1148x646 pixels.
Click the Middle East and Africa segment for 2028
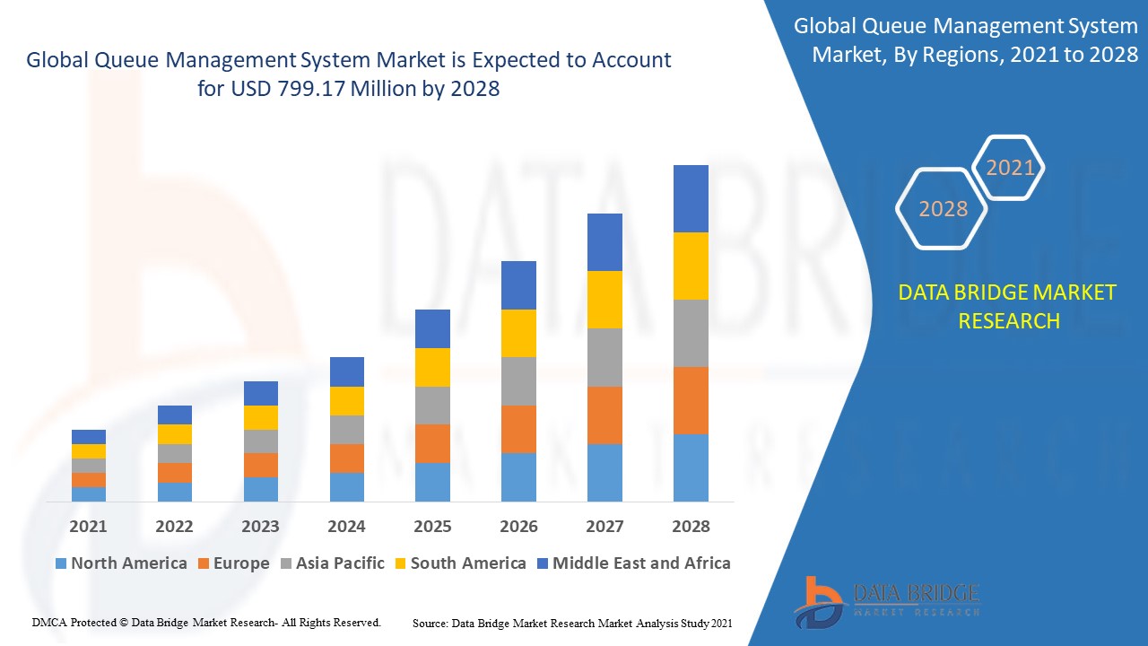click(691, 198)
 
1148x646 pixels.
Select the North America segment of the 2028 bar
click(691, 467)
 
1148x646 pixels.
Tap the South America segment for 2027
click(604, 300)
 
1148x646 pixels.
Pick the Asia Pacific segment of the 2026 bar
click(518, 381)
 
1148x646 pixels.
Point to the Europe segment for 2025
click(432, 443)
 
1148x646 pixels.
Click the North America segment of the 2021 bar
click(89, 494)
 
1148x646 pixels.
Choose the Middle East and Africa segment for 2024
click(347, 371)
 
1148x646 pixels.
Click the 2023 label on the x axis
click(260, 527)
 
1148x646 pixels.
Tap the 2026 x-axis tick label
click(518, 527)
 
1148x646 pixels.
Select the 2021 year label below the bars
click(88, 527)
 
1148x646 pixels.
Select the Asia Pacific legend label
click(340, 563)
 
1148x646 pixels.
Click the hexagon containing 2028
click(943, 209)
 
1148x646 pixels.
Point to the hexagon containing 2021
click(1010, 168)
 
